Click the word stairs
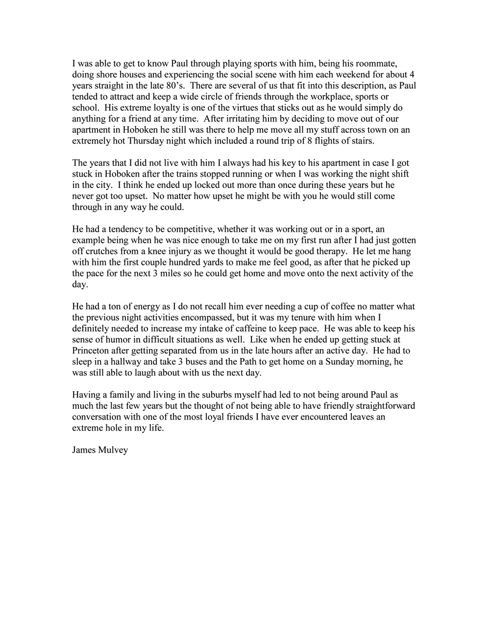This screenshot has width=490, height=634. tap(360, 141)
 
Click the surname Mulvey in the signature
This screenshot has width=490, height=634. tap(113, 450)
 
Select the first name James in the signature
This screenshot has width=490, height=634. tap(84, 450)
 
